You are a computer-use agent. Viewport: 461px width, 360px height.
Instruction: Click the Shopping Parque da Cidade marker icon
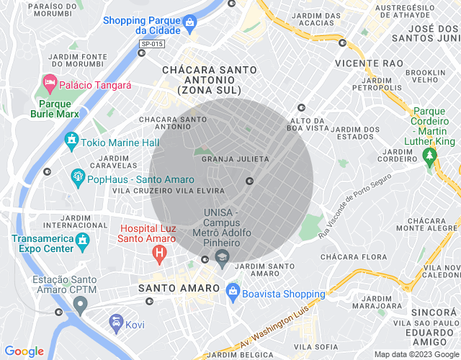189,23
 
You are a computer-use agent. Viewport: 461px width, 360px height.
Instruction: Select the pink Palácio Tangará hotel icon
50,84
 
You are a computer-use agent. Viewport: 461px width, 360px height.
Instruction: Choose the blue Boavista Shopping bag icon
232,291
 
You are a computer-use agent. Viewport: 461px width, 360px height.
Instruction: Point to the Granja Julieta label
235,158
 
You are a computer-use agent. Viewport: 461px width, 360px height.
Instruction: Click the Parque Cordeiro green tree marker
431,160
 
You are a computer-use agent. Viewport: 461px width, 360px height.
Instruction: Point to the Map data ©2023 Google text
416,354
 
